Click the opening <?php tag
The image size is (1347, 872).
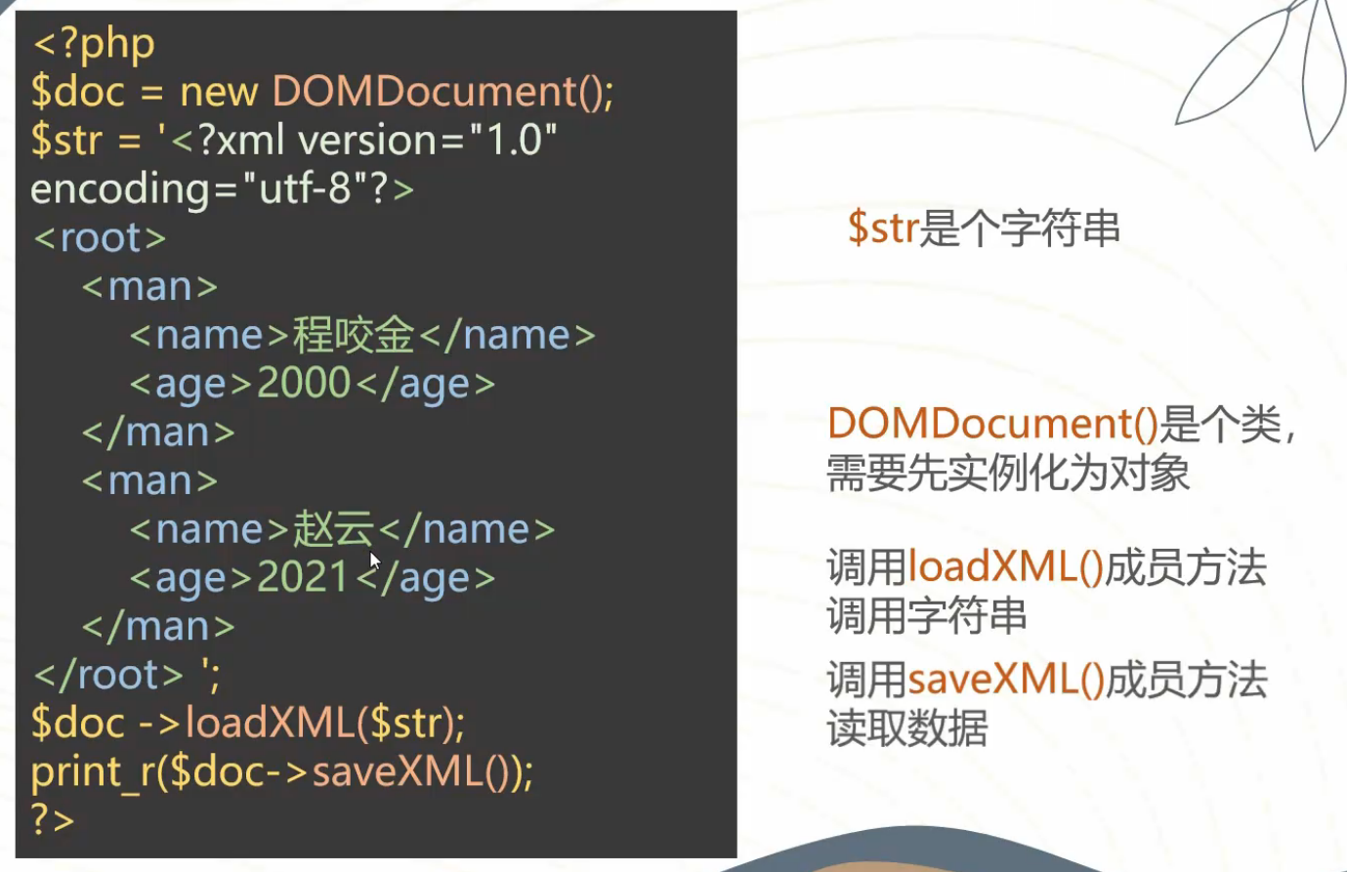94,45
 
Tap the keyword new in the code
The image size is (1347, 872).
219,93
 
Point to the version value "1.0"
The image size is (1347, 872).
513,140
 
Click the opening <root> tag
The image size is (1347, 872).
100,237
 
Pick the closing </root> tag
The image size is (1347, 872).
108,675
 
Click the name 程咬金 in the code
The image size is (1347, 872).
354,335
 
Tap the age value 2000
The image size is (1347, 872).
303,383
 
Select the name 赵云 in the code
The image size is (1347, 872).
334,529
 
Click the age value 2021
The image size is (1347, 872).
303,577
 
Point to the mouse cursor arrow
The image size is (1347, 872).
375,561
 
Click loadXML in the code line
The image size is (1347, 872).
270,723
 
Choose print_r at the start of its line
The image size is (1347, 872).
93,772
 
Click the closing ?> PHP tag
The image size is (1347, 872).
53,819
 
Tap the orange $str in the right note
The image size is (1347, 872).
883,228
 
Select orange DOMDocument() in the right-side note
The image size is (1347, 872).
993,424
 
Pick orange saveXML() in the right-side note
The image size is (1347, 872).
1006,680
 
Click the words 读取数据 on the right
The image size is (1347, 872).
907,728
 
